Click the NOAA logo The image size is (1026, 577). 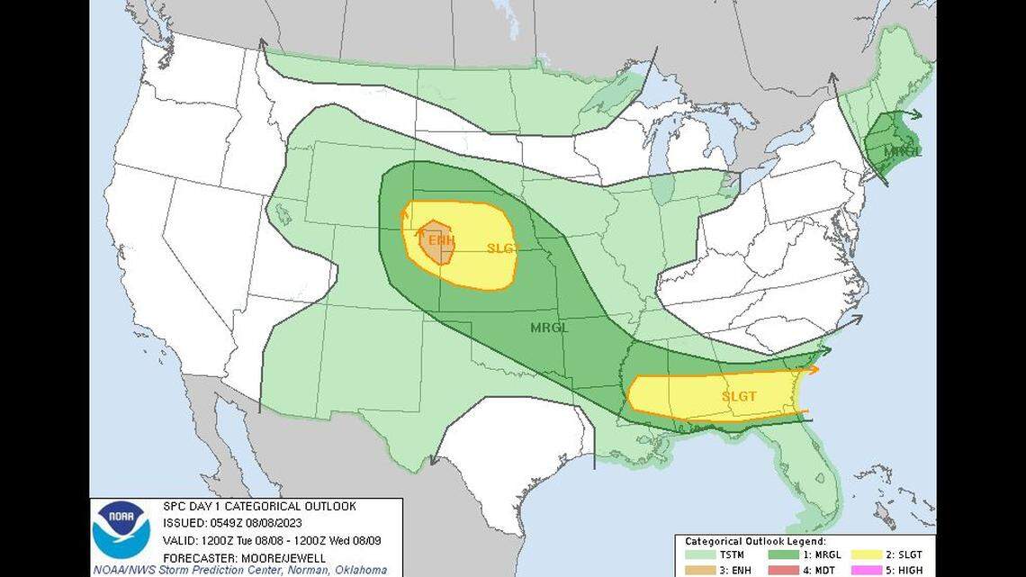121,530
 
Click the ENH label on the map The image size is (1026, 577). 441,240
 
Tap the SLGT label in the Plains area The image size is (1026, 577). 502,248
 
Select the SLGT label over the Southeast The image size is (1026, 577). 738,396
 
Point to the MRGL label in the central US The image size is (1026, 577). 549,328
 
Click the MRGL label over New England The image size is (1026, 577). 902,150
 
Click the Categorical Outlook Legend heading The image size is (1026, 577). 755,542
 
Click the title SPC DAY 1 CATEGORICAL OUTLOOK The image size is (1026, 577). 258,507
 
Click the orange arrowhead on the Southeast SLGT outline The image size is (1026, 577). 814,369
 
